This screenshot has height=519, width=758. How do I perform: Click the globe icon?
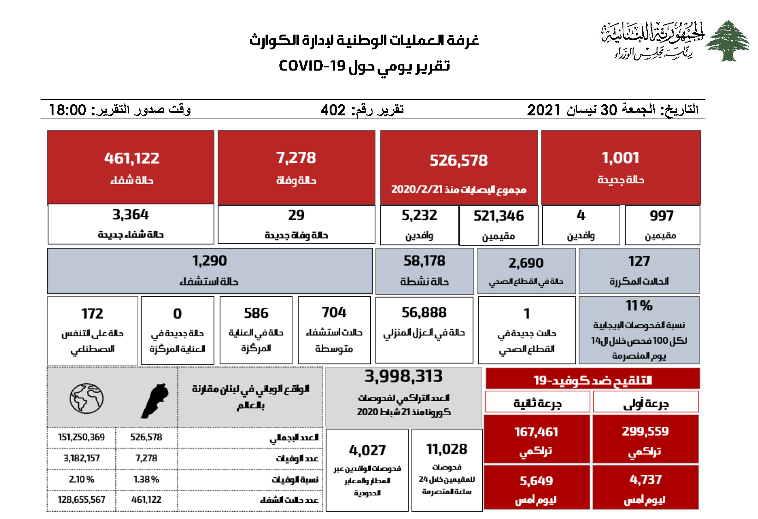(86, 398)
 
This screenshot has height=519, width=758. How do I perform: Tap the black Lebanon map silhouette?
(154, 400)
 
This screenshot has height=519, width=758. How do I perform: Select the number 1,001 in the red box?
(620, 158)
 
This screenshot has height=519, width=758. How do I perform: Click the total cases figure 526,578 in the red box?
(458, 161)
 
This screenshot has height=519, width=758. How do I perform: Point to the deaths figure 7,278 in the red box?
(296, 158)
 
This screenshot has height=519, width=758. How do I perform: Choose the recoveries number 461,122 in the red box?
(131, 158)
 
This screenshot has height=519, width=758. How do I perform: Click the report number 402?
(333, 110)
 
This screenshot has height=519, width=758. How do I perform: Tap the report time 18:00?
(67, 110)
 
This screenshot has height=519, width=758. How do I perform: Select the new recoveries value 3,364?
(130, 215)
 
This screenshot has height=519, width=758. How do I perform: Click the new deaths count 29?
(296, 215)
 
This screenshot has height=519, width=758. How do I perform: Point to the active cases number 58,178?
(424, 261)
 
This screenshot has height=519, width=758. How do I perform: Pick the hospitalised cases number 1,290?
(209, 261)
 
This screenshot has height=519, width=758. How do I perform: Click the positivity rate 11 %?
(639, 305)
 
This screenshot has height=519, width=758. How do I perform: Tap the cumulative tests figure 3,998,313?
(403, 376)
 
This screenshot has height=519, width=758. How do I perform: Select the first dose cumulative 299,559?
(645, 431)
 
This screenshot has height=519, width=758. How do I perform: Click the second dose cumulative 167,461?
(536, 432)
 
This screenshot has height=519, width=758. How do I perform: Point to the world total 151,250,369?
(81, 437)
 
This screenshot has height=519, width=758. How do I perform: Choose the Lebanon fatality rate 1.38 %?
(146, 479)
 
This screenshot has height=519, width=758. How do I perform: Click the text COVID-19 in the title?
(312, 66)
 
